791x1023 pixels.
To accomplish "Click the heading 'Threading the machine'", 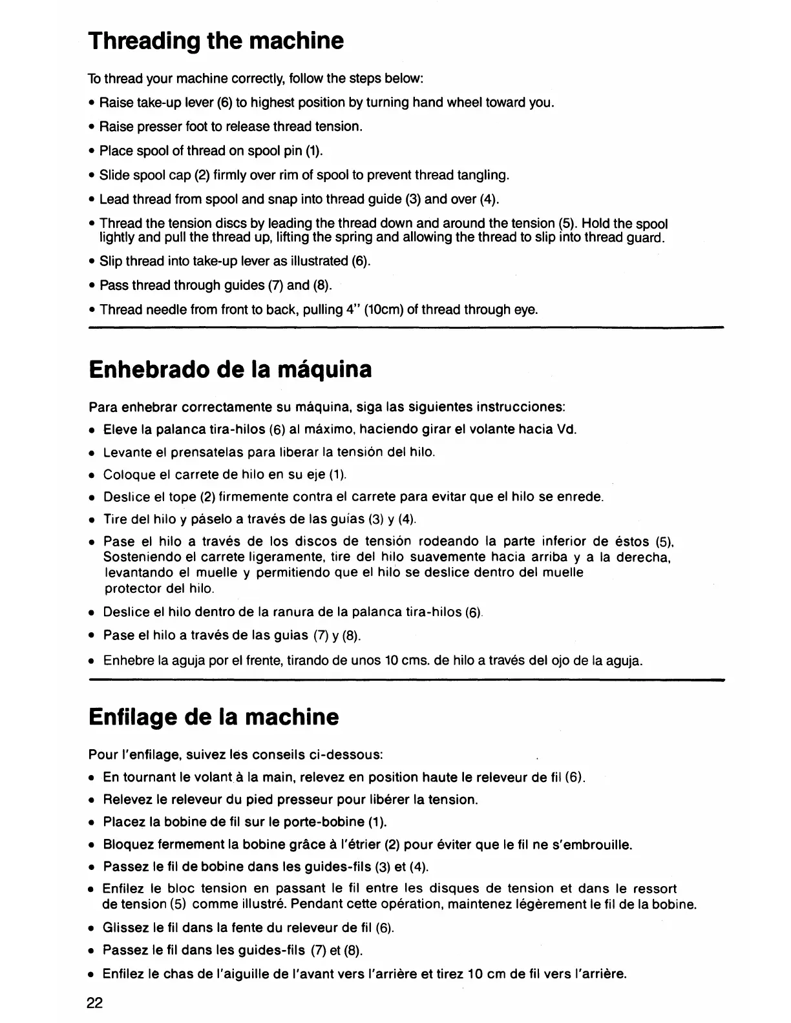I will (216, 41).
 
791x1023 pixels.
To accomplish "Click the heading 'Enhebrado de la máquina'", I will (230, 370).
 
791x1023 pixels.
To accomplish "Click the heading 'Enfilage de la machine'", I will (213, 717).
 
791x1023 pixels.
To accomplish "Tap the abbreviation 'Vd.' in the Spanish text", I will (565, 429).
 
